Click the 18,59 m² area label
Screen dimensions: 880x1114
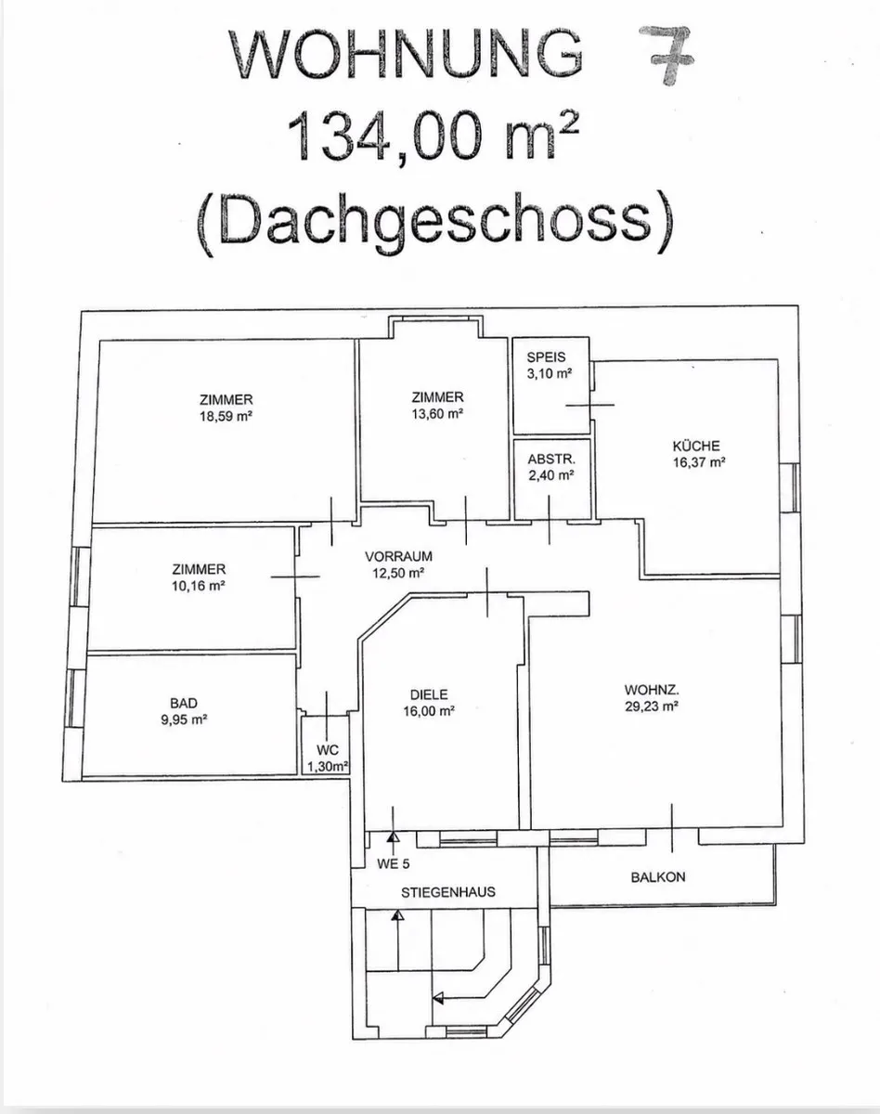(226, 416)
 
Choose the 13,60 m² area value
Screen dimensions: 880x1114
(437, 414)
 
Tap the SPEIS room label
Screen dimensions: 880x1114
(546, 357)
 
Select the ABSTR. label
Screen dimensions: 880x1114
(551, 460)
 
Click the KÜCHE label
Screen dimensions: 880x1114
(696, 446)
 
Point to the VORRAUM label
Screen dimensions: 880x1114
(398, 556)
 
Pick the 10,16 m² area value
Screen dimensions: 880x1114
(199, 586)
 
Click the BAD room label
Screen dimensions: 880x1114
(184, 703)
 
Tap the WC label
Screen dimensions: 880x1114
(328, 750)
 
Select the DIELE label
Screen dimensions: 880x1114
(429, 694)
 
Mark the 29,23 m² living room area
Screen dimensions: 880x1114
(652, 706)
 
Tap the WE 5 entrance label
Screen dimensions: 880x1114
(394, 863)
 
